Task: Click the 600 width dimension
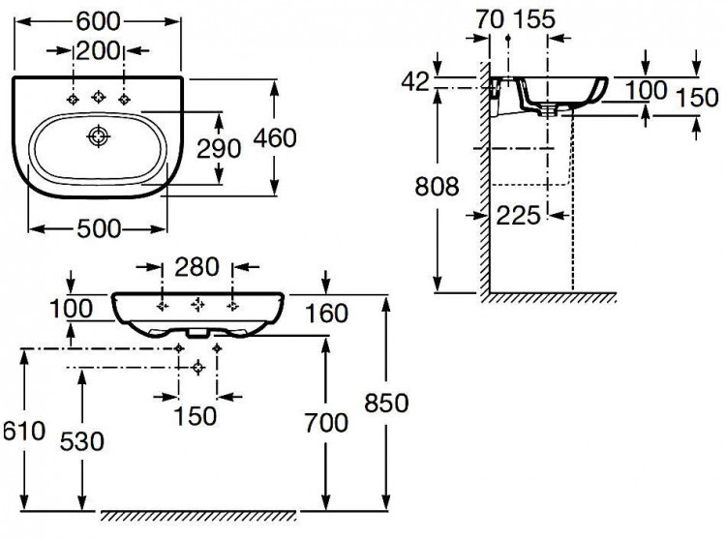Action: point(99,16)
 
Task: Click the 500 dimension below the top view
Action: point(98,228)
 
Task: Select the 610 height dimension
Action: point(23,430)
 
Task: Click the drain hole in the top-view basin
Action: point(97,137)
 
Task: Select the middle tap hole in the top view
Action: point(98,97)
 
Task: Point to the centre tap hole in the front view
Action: point(198,304)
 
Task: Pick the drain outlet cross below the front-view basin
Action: point(198,367)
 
